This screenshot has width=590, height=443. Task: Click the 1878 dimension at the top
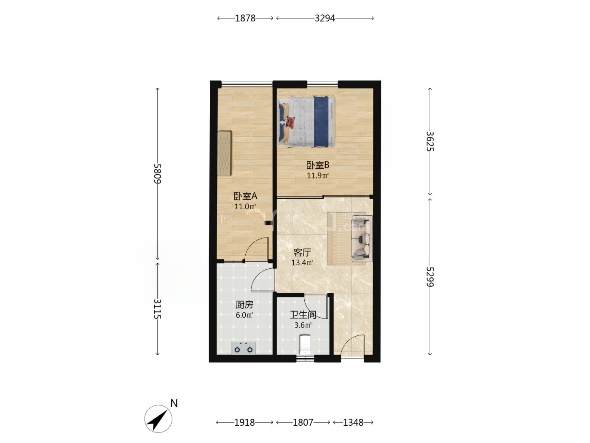coord(245,18)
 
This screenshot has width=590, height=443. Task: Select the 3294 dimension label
coord(324,18)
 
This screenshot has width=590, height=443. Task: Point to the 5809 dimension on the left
coord(158,173)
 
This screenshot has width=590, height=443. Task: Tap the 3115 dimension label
coord(158,309)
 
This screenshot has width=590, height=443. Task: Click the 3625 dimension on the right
coord(430,141)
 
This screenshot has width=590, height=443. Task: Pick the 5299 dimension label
coord(430,277)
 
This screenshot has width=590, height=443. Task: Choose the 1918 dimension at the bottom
coord(244,423)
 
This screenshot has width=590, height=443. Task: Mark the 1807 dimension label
coord(303,423)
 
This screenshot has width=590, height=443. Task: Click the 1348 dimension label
coord(353,423)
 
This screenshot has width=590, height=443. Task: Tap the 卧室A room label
coord(245,196)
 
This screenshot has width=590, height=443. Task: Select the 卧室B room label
coord(318,165)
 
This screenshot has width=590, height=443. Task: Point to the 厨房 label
coord(244,305)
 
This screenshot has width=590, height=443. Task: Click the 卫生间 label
coord(303,315)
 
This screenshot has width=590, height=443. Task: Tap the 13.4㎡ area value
coord(303,262)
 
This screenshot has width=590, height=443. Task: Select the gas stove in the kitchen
coord(244,348)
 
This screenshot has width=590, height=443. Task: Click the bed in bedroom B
coord(306,122)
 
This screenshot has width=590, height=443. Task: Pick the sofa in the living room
coord(362,238)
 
